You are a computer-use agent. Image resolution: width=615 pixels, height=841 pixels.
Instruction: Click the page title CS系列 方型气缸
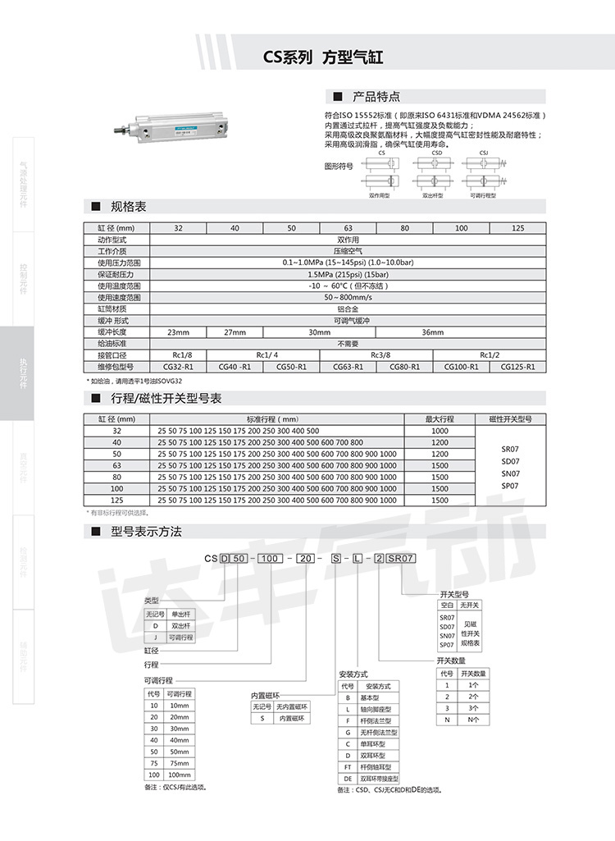tap(322, 57)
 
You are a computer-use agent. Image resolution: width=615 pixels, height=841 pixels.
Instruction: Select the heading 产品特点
tap(376, 96)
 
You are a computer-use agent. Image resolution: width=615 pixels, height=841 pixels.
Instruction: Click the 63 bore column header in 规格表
tap(347, 228)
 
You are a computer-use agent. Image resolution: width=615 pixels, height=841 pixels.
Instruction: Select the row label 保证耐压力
tap(116, 274)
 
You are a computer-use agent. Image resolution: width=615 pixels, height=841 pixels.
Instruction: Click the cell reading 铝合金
tap(347, 309)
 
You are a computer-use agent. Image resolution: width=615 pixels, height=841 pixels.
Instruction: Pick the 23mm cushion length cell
tap(178, 332)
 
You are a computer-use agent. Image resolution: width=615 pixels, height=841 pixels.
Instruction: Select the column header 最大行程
tap(440, 419)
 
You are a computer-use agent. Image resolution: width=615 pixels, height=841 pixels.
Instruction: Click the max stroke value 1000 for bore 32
tap(440, 431)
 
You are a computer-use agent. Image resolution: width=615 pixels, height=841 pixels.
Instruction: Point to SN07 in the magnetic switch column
tap(511, 473)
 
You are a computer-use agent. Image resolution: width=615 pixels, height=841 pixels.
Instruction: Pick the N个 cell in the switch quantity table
tap(474, 720)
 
